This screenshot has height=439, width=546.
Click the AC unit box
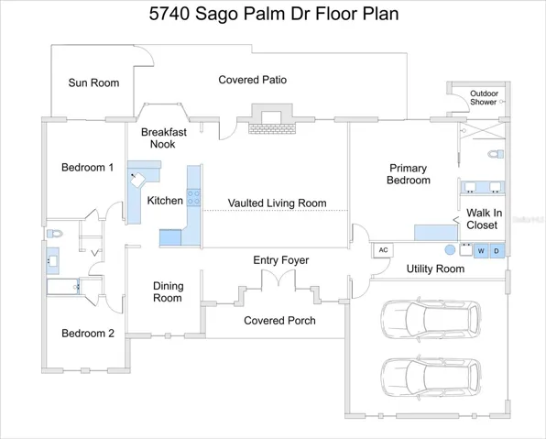383,250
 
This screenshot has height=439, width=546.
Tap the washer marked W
481,251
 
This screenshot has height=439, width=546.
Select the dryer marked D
497,251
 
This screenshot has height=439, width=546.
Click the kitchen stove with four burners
193,197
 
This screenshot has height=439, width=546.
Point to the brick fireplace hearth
272,128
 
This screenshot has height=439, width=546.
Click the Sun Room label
93,82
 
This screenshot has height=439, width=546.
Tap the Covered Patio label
253,80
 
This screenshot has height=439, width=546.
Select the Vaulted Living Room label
278,203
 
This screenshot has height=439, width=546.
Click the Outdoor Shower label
484,98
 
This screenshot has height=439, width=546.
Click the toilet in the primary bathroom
496,154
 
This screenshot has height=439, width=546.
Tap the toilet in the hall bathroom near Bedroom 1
54,233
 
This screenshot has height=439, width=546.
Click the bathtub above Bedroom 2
63,287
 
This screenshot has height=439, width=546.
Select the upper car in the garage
431,318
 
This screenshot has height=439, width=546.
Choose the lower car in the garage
431,377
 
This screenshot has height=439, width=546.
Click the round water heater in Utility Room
450,250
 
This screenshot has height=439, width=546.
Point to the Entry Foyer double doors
278,278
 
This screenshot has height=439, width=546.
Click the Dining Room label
168,292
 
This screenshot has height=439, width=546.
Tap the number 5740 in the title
169,14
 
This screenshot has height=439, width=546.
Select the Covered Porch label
279,321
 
